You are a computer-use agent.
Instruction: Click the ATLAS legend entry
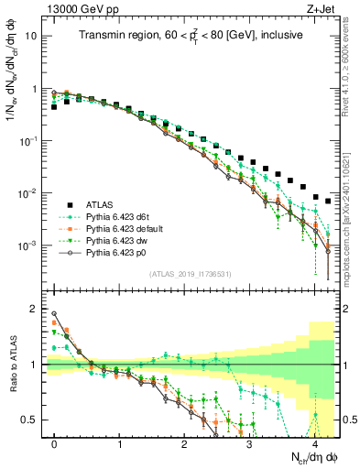[x=101, y=203]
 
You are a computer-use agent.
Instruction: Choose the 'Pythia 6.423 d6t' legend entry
[x=124, y=216]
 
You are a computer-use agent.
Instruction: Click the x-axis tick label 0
[x=55, y=443]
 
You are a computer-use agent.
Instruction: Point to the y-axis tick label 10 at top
[x=34, y=37]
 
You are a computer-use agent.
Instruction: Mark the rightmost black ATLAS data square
[x=328, y=201]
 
